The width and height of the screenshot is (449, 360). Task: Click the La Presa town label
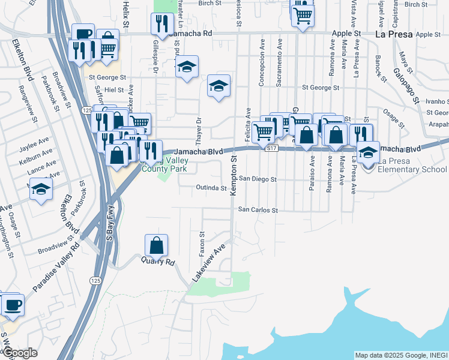tap(394, 34)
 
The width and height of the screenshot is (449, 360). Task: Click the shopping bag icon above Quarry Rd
tap(156, 245)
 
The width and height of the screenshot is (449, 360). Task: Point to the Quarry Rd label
tap(157, 262)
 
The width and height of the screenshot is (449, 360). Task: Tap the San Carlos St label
tap(258, 211)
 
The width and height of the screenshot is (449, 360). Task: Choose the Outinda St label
tap(211, 188)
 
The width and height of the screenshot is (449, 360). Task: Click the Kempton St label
tap(234, 175)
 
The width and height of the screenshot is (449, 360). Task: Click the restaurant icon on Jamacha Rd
tap(161, 24)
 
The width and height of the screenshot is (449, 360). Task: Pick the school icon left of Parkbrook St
tap(41, 190)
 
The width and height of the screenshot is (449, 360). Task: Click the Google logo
tap(19, 353)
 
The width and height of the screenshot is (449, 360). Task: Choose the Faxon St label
tap(202, 243)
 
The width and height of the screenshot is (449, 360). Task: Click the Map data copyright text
tap(400, 355)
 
